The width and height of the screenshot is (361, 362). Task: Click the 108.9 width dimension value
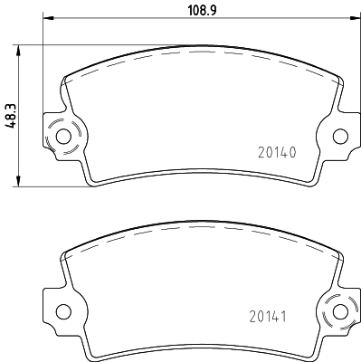(203, 10)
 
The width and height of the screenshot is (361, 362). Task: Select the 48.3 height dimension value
(11, 117)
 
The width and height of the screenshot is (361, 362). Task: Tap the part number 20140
(277, 153)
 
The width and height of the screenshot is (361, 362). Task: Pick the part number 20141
(268, 317)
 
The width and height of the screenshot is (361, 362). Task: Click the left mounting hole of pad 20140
(63, 137)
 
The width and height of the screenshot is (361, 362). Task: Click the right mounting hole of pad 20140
(340, 137)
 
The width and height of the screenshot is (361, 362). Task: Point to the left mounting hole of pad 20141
(63, 311)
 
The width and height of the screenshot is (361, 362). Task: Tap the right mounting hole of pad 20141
(340, 311)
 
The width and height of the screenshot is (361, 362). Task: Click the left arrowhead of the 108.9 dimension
(48, 18)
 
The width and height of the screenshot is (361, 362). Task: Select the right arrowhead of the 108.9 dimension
(356, 18)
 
